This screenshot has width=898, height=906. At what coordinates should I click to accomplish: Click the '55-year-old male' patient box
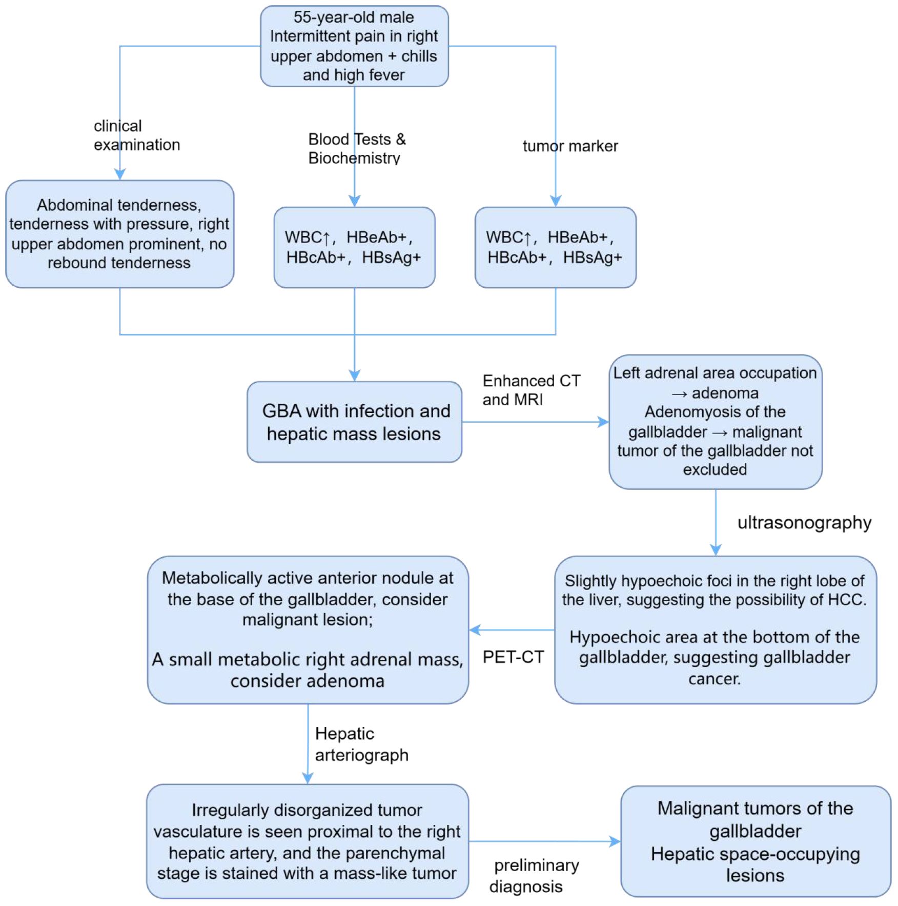pyautogui.click(x=354, y=46)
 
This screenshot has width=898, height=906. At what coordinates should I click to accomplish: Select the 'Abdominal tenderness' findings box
pyautogui.click(x=119, y=234)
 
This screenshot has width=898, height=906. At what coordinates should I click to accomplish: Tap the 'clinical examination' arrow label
pyautogui.click(x=136, y=135)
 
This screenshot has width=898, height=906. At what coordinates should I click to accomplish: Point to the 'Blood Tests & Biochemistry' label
pyautogui.click(x=357, y=148)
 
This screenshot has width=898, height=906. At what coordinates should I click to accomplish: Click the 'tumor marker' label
pyautogui.click(x=570, y=146)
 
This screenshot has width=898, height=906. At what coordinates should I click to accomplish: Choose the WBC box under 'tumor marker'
pyautogui.click(x=556, y=247)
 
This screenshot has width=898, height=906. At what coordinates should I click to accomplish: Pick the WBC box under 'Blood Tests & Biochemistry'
pyautogui.click(x=354, y=247)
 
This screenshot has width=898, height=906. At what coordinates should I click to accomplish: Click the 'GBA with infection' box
pyautogui.click(x=354, y=422)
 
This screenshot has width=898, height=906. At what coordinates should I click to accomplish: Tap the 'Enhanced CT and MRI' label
pyautogui.click(x=532, y=390)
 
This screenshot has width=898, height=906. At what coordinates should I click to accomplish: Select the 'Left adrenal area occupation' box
pyautogui.click(x=716, y=422)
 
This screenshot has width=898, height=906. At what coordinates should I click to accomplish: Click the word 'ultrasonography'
pyautogui.click(x=804, y=522)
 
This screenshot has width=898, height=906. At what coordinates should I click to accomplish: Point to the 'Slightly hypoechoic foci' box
pyautogui.click(x=716, y=629)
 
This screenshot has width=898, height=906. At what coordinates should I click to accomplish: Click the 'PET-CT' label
pyautogui.click(x=513, y=657)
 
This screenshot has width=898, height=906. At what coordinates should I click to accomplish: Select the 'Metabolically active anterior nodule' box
pyautogui.click(x=308, y=629)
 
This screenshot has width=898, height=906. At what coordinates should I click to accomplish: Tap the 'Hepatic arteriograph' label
pyautogui.click(x=361, y=744)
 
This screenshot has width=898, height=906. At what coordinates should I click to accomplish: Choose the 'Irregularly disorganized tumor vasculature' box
pyautogui.click(x=308, y=841)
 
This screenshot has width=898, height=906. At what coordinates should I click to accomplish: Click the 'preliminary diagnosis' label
pyautogui.click(x=534, y=876)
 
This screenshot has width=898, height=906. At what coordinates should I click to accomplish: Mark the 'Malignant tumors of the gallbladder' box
pyautogui.click(x=756, y=841)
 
